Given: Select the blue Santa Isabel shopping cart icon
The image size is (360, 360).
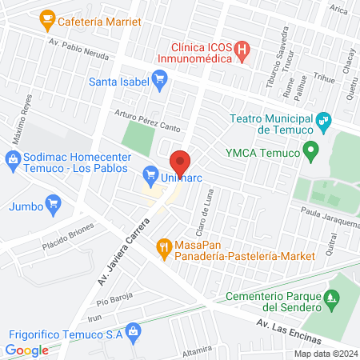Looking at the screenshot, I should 159,78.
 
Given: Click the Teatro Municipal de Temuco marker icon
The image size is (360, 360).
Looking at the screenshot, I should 323,122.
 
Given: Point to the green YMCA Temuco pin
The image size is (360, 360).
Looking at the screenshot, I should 312,150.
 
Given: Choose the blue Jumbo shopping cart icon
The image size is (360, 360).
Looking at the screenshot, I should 54,203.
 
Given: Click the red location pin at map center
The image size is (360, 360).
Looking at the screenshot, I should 181,162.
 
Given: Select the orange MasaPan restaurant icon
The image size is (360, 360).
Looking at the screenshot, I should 164,247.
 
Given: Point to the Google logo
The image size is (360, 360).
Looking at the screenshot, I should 26,350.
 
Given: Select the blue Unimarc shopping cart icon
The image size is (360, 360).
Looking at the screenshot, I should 149,174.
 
